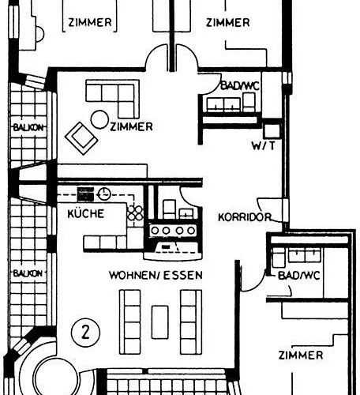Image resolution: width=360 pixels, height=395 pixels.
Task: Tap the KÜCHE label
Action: coord(83,213)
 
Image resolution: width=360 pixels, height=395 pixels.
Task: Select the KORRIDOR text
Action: coord(246,216)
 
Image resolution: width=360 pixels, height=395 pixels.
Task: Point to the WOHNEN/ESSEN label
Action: coord(156,275)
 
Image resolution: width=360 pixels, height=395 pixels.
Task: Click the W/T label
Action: coord(263,146)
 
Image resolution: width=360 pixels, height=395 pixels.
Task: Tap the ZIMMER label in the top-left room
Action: coord(90,22)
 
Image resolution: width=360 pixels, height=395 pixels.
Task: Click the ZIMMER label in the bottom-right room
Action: coord(300,355)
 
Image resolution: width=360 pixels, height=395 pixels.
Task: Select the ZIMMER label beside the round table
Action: coord(132,126)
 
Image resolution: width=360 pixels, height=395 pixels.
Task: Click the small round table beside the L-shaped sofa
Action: coord(100,119)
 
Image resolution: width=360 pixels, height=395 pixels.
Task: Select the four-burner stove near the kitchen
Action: coord(173,229)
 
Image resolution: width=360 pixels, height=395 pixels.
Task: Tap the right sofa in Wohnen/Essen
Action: coord(190,314)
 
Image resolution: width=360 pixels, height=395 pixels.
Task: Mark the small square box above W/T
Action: coord(269,130)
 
